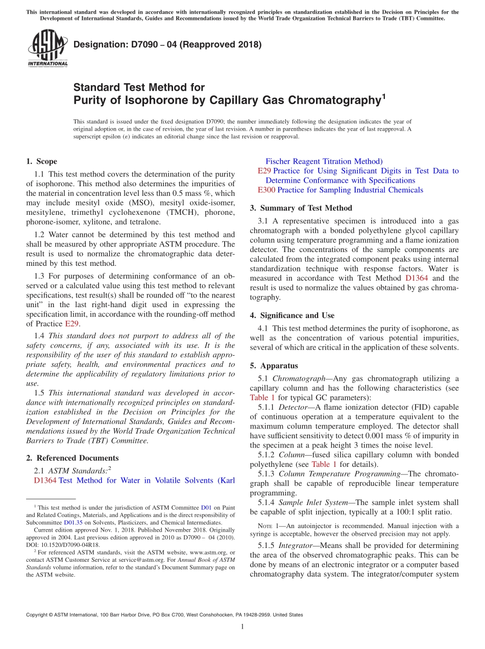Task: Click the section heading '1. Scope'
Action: coord(41,161)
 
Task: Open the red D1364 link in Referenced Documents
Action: coord(45,481)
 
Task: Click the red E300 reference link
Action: coord(266,190)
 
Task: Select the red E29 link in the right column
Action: coord(264,171)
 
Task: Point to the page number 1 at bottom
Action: coord(242,627)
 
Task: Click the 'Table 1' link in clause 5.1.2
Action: coord(324,464)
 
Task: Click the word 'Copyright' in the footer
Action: coord(38,615)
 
